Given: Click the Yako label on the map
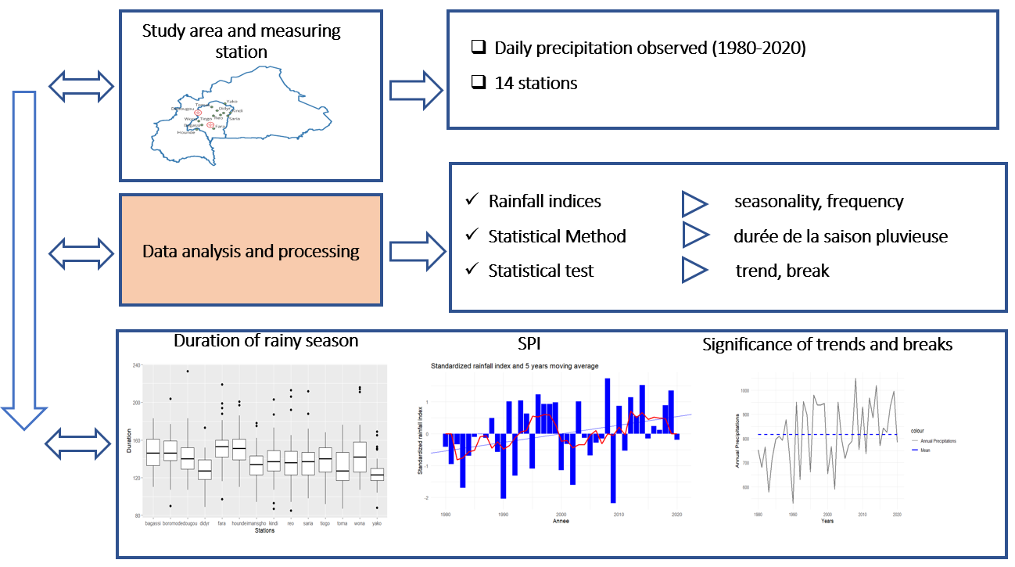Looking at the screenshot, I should point(231,102).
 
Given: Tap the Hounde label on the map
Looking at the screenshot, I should point(186,132).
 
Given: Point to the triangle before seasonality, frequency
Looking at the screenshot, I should point(694,202).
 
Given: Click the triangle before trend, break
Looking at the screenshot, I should point(694,271).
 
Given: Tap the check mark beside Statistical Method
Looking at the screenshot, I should point(472,235).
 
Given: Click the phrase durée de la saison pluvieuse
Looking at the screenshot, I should point(841,236).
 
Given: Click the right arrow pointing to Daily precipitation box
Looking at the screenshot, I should point(417,88).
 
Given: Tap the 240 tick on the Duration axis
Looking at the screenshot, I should point(135,365).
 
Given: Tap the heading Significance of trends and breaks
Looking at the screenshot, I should point(827,344).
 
